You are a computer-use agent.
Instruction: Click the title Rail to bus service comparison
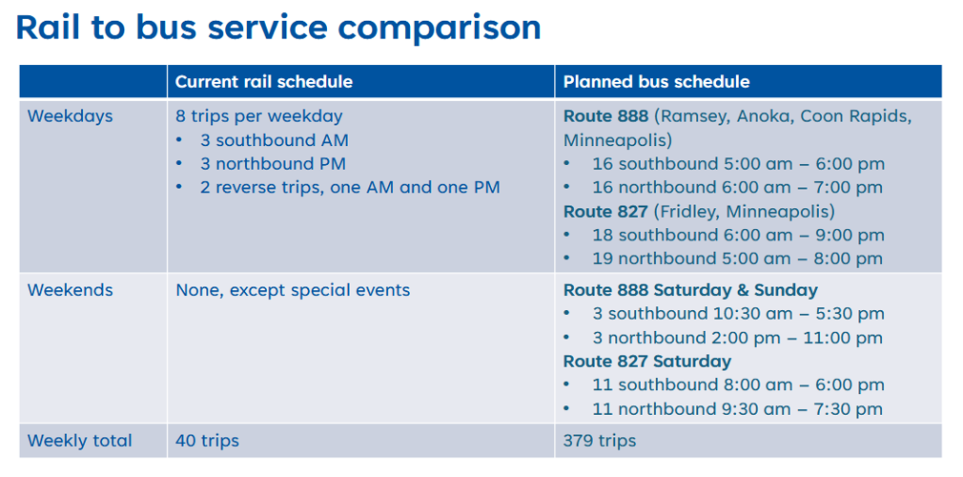tap(278, 28)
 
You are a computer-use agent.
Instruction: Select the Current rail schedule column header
tap(264, 82)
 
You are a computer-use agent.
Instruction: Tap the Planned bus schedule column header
tap(657, 82)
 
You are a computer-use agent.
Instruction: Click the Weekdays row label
tap(70, 116)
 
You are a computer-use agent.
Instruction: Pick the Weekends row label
tap(70, 290)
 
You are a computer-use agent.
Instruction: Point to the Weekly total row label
tap(80, 441)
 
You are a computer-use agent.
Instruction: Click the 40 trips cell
tap(207, 441)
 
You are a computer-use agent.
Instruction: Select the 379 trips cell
tap(600, 441)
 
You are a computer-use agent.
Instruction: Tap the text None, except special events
tap(293, 290)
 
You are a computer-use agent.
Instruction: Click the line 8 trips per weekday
tap(258, 116)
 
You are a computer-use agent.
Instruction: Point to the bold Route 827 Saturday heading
tap(647, 361)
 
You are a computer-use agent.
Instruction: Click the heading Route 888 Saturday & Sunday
tap(690, 290)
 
